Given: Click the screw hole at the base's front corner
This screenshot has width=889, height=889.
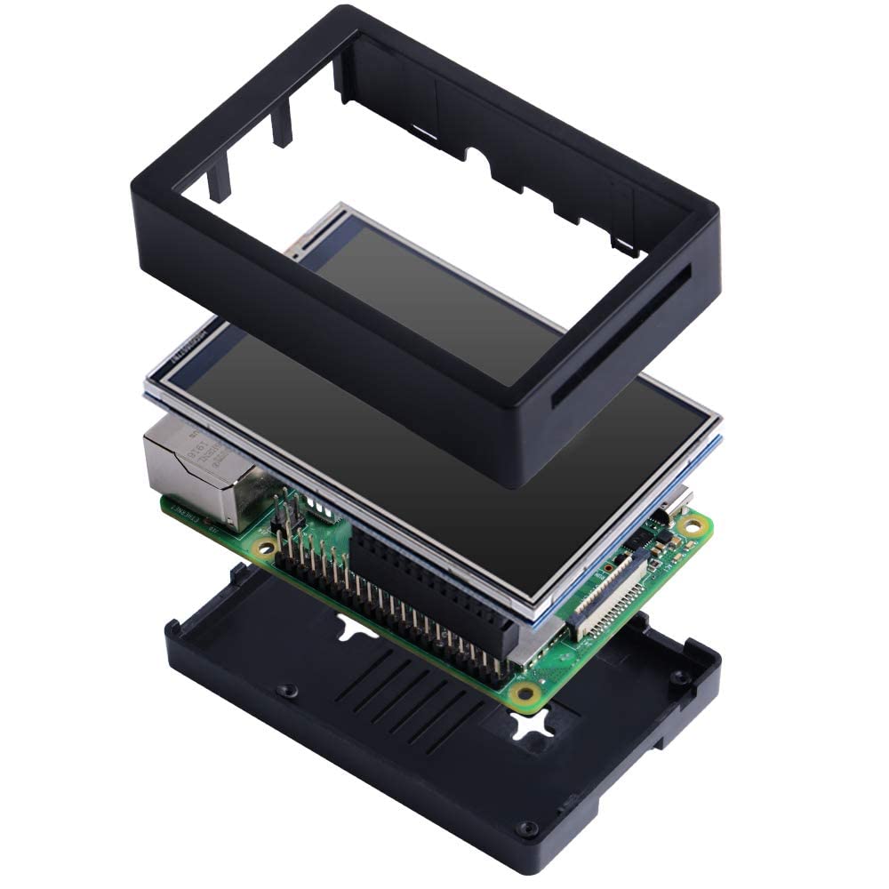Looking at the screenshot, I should (x=529, y=829).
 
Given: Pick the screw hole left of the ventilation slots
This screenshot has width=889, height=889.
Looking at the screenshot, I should (x=286, y=690).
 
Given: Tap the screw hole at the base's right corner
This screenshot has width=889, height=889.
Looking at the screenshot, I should (x=681, y=677).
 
